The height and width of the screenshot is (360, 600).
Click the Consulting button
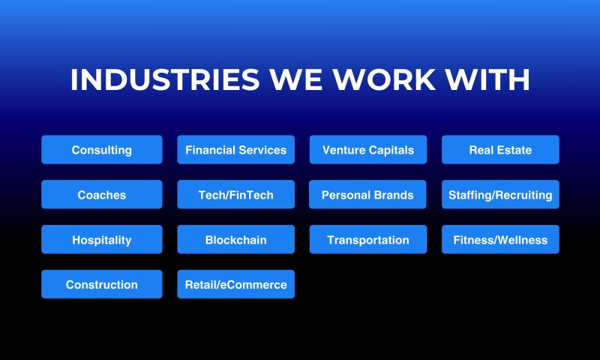click(x=101, y=150)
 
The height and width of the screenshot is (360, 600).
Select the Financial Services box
click(x=235, y=150)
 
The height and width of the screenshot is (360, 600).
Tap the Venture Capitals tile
click(x=367, y=150)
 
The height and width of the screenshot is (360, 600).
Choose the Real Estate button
click(x=500, y=150)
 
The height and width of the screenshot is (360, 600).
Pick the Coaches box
click(x=101, y=195)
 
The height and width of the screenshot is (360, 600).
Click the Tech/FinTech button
click(x=235, y=195)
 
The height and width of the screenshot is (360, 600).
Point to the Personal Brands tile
click(x=367, y=195)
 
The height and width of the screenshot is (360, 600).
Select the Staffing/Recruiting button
click(x=500, y=195)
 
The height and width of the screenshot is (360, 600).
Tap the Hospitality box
click(x=101, y=240)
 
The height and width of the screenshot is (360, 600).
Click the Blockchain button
click(x=235, y=240)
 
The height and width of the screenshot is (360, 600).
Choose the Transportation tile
click(x=367, y=240)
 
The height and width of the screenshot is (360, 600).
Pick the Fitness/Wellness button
click(x=500, y=240)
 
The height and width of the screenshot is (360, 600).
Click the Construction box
click(x=101, y=285)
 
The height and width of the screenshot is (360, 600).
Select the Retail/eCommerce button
click(x=235, y=285)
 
